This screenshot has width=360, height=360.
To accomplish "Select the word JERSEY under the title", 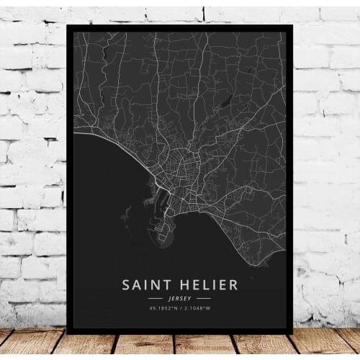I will click(x=180, y=297).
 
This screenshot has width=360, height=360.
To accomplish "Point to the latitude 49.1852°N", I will click(x=160, y=308).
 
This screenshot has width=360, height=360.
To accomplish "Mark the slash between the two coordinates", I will click(x=180, y=308).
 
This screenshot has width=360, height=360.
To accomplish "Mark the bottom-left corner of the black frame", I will click(x=67, y=333).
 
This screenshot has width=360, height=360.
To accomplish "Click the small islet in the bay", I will click(x=127, y=214).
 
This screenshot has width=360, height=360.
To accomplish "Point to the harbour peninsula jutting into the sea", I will click(x=164, y=232).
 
